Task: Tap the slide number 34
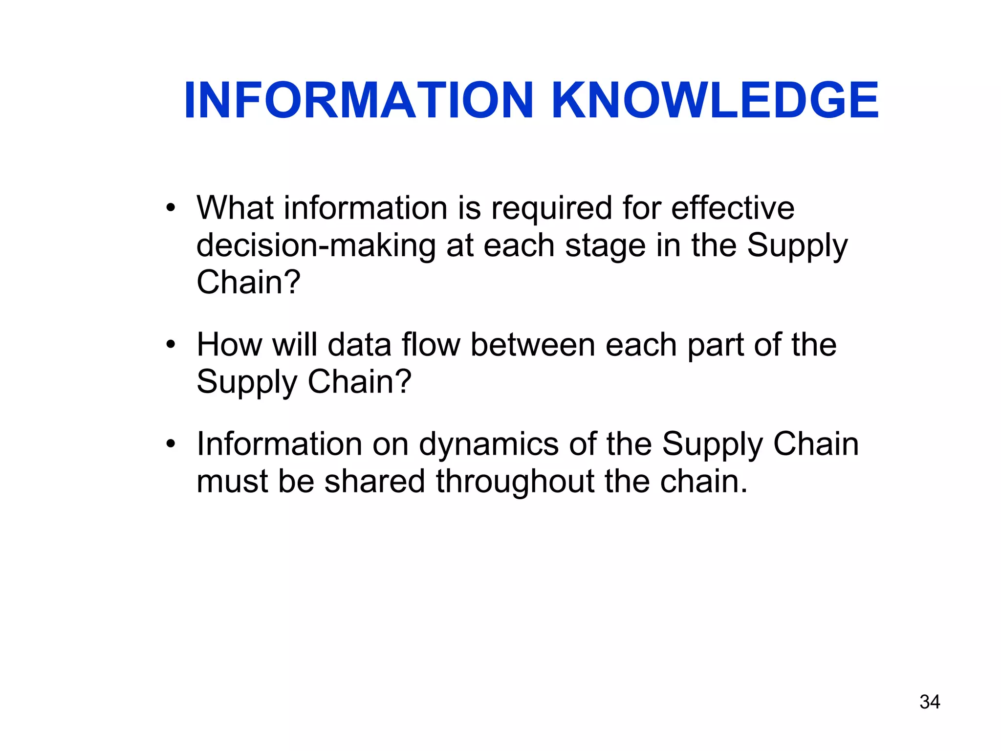point(930,702)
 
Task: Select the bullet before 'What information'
point(170,208)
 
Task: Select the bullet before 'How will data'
point(170,345)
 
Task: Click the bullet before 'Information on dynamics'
point(170,444)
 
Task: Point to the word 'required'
point(551,208)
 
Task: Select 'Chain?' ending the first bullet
point(248,283)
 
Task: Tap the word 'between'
point(532,345)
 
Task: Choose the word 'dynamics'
point(489,445)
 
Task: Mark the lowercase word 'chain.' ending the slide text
point(704,481)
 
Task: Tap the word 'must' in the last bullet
point(232,482)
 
